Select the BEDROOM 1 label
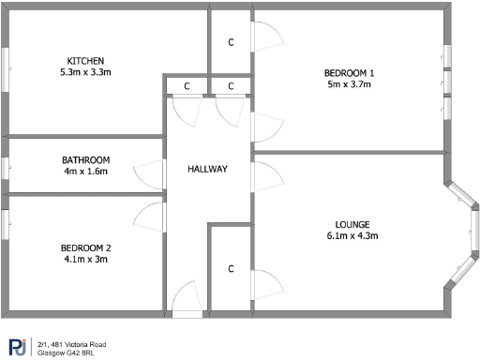pyautogui.click(x=350, y=73)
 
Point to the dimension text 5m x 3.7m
pyautogui.click(x=350, y=84)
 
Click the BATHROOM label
pyautogui.click(x=86, y=160)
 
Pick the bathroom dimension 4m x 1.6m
pyautogui.click(x=86, y=172)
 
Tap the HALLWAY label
pyautogui.click(x=207, y=169)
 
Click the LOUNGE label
pyautogui.click(x=352, y=224)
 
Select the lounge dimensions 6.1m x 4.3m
pyautogui.click(x=352, y=235)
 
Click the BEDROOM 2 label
pyautogui.click(x=86, y=247)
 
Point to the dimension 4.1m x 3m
pyautogui.click(x=86, y=259)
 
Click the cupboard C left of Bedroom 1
pyautogui.click(x=231, y=42)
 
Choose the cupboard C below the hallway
pyautogui.click(x=231, y=269)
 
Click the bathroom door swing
pyautogui.click(x=151, y=174)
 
